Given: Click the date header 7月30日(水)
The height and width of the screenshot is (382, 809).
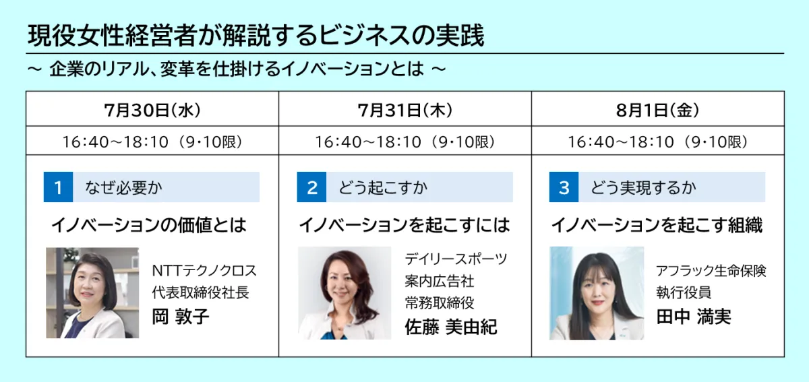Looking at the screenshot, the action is (x=152, y=110).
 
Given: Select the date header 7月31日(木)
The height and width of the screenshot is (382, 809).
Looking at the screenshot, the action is (x=405, y=110).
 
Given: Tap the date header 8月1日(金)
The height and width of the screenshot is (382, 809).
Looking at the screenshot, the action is (x=658, y=110).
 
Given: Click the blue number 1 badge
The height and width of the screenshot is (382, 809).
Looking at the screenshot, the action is (x=58, y=187).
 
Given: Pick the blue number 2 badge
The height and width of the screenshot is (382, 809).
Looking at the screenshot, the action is (x=311, y=187).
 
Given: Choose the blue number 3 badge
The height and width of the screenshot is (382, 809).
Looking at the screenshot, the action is (x=564, y=187).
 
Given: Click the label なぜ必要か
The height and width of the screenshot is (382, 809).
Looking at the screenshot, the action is (x=123, y=188).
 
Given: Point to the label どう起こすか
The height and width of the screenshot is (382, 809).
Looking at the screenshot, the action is (x=383, y=188).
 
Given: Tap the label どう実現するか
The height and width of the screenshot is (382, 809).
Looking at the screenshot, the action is (x=643, y=188).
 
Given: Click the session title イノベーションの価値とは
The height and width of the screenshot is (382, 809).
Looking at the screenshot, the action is (x=149, y=225).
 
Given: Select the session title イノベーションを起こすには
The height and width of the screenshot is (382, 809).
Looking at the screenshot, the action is (x=404, y=225).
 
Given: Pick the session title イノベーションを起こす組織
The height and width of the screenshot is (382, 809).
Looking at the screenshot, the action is (x=657, y=225).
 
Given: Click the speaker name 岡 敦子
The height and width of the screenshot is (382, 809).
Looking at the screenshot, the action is (x=181, y=317).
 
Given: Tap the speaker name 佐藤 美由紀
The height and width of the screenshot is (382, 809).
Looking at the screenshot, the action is (x=451, y=327).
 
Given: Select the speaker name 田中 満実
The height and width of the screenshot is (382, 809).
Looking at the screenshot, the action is (x=694, y=317).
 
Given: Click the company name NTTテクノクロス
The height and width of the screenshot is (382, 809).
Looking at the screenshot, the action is (x=204, y=270).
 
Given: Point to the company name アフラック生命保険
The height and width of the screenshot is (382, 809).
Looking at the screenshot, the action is (x=711, y=270).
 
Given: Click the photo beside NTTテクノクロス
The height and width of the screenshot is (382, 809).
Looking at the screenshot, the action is (x=92, y=293).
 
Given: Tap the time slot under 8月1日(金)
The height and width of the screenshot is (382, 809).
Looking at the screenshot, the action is (x=658, y=141).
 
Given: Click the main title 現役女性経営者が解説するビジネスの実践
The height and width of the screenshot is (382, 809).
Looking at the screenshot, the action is (x=256, y=36).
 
